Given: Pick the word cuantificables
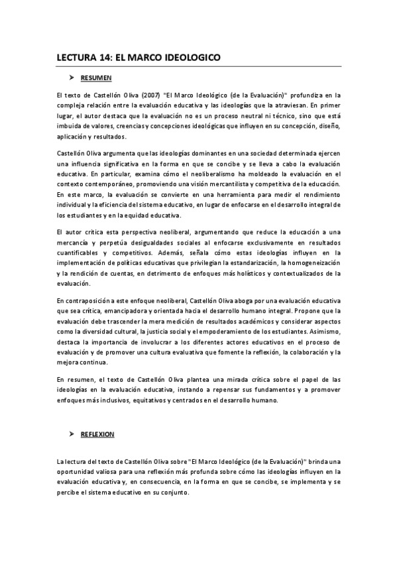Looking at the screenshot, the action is click(80, 253).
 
